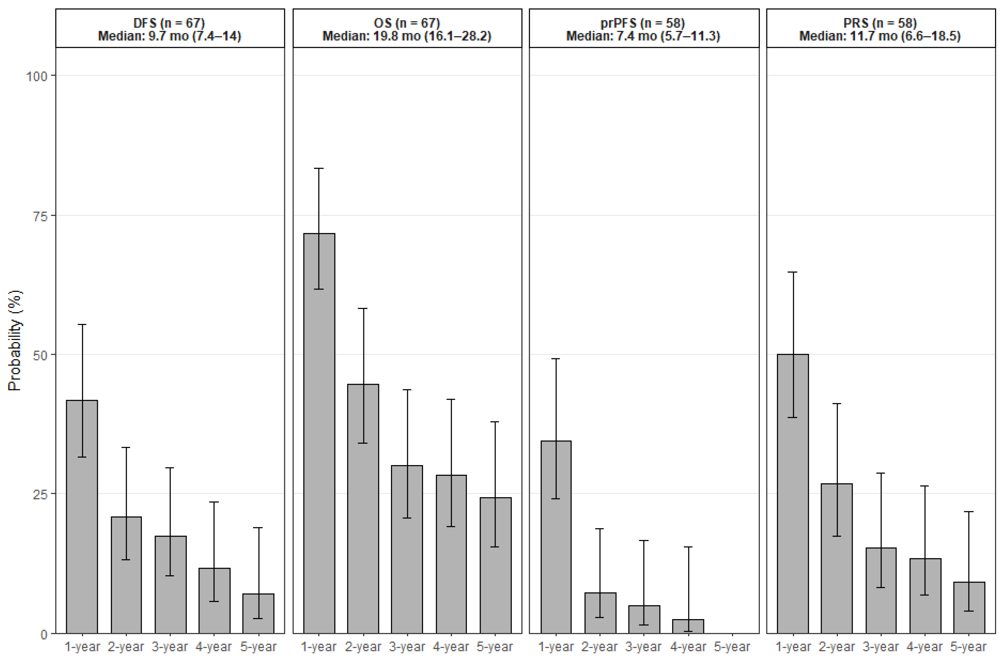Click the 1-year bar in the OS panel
pyautogui.click(x=319, y=433)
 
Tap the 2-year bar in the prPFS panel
pyautogui.click(x=600, y=613)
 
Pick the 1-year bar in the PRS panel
pyautogui.click(x=793, y=494)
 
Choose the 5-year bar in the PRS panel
pyautogui.click(x=969, y=608)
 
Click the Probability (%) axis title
pyautogui.click(x=15, y=340)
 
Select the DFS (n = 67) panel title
pyautogui.click(x=169, y=23)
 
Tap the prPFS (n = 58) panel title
pyautogui.click(x=643, y=23)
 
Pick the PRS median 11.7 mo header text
pyautogui.click(x=880, y=36)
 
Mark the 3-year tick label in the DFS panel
pyautogui.click(x=170, y=647)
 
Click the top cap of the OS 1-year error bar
pyautogui.click(x=319, y=169)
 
